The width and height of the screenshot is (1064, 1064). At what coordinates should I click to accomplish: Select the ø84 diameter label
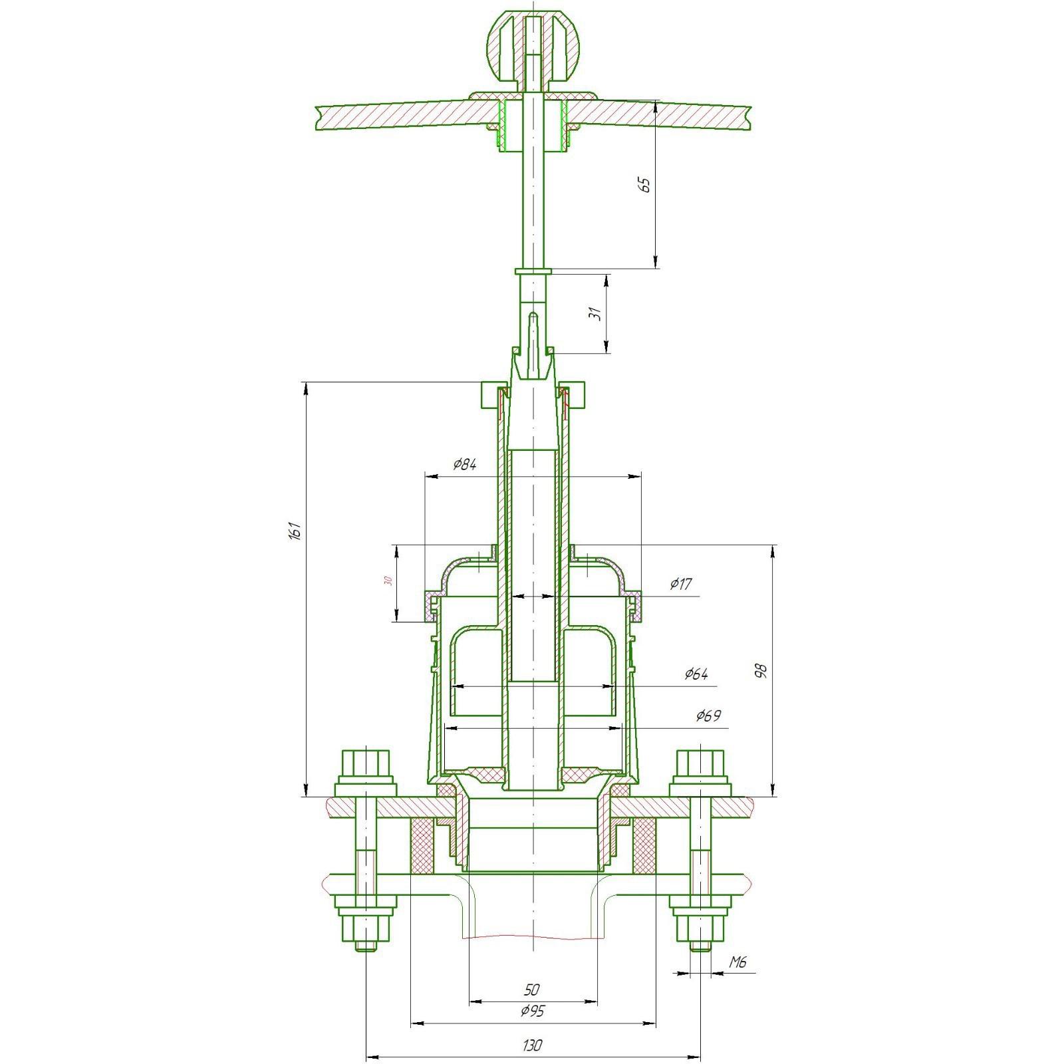tap(464, 464)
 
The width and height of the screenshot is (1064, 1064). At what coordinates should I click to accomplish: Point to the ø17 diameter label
tap(681, 584)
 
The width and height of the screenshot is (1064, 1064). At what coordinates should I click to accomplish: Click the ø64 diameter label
tap(696, 674)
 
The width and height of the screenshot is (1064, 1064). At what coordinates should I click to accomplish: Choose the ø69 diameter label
tap(708, 716)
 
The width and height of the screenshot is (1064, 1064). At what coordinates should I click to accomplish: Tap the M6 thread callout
tap(738, 962)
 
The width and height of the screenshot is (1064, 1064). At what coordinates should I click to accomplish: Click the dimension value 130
tap(533, 1045)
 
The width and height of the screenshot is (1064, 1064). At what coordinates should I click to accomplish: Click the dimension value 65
tap(644, 185)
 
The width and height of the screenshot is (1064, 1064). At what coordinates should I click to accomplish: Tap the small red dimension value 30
tap(388, 581)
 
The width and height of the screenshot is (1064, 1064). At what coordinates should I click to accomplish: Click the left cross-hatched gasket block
tap(423, 846)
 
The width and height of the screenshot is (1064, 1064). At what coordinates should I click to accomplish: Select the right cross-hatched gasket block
tap(643, 846)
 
